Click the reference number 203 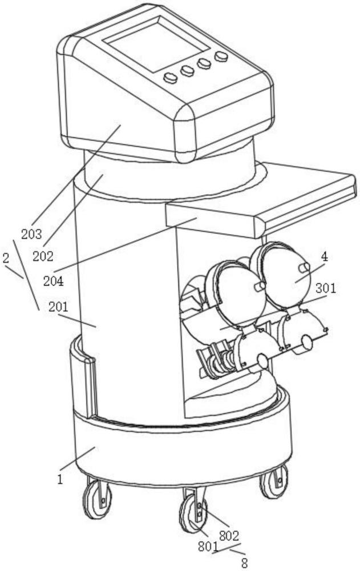31,234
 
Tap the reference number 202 43,256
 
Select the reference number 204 54,281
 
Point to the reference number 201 59,307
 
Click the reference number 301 325,288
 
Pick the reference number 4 324,257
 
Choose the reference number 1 60,479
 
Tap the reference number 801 208,546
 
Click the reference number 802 229,536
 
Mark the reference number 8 245,563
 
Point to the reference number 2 6,258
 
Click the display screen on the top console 155,43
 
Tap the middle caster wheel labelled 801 193,513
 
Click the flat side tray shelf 260,199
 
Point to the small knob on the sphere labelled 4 304,268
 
